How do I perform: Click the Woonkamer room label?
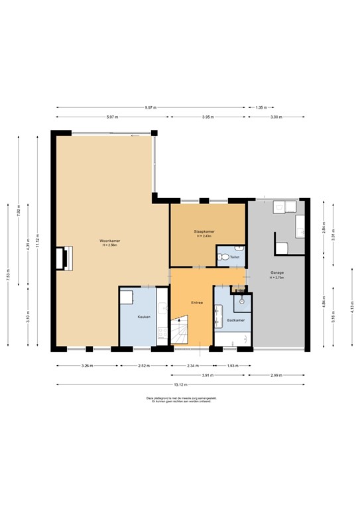tap(109, 240)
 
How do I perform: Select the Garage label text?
tap(277, 272)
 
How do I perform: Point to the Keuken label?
tap(144, 317)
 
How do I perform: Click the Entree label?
tap(197, 303)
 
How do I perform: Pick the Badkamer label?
tap(235, 320)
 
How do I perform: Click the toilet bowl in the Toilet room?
tap(224, 257)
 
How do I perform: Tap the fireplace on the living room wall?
tap(64, 258)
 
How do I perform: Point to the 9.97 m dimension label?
tap(151, 107)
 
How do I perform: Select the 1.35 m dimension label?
tap(261, 107)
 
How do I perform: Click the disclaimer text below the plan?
tap(180, 400)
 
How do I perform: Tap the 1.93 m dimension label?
tap(232, 366)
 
